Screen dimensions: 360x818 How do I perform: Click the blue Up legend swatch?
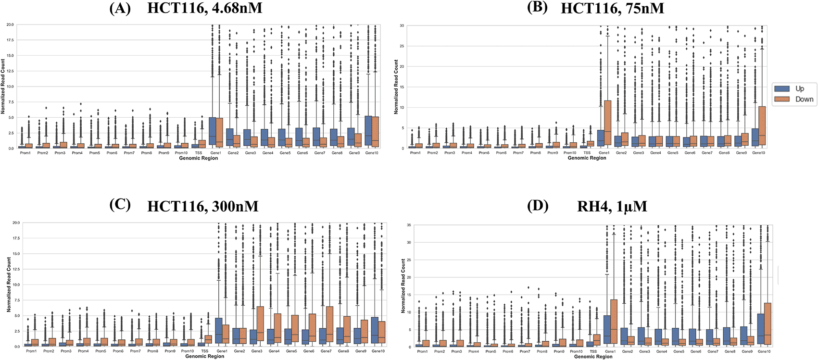click(x=782, y=88)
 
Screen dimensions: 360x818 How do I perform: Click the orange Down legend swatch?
click(x=782, y=99)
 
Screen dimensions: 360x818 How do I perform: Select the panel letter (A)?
click(x=120, y=8)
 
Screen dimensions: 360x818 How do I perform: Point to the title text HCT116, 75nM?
click(x=612, y=8)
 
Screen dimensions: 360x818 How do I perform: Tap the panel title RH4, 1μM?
click(x=612, y=207)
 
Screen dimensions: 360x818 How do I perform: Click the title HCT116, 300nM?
click(x=202, y=207)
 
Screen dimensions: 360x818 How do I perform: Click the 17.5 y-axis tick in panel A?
click(x=10, y=40)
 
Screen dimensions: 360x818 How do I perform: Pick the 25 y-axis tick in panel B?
click(x=402, y=46)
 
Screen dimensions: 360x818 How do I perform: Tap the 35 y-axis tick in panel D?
click(x=409, y=225)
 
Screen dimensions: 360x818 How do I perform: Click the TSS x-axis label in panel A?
click(x=199, y=153)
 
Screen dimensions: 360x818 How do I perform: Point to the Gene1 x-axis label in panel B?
click(x=604, y=153)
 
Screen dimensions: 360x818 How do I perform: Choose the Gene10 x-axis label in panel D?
click(x=764, y=351)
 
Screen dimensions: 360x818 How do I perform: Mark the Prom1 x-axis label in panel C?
click(x=31, y=351)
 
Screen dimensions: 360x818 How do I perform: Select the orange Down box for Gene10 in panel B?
click(x=762, y=127)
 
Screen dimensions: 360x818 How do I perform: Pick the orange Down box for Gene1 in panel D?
click(x=614, y=322)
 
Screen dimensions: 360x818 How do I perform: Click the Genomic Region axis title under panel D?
click(x=593, y=357)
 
